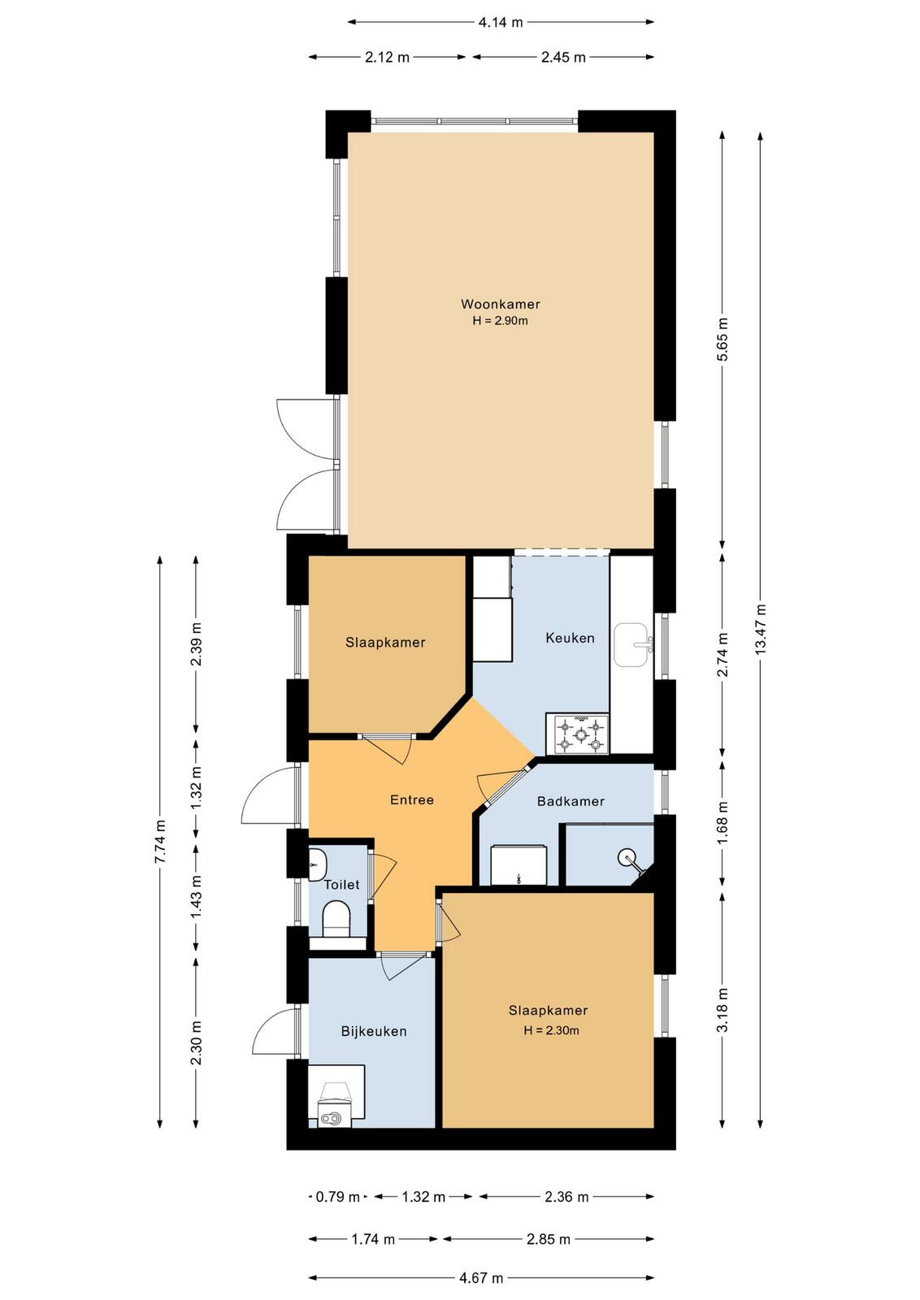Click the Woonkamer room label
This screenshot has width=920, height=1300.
click(x=501, y=304)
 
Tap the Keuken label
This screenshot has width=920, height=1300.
click(x=570, y=638)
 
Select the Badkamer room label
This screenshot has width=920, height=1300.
click(x=571, y=801)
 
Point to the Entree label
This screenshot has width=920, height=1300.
click(x=412, y=799)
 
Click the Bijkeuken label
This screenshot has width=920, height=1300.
click(x=374, y=1031)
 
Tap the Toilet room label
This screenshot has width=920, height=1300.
click(x=342, y=885)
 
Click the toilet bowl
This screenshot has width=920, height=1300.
click(x=336, y=919)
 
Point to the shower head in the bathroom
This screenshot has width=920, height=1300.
click(x=627, y=856)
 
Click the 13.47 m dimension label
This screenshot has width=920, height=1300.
click(x=761, y=629)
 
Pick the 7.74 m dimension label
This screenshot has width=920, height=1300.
click(x=160, y=842)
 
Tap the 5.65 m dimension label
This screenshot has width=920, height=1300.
click(x=723, y=340)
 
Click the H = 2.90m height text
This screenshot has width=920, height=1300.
click(x=501, y=320)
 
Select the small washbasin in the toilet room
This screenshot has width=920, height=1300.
click(x=318, y=864)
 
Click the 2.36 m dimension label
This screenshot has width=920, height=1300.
click(x=566, y=1197)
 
